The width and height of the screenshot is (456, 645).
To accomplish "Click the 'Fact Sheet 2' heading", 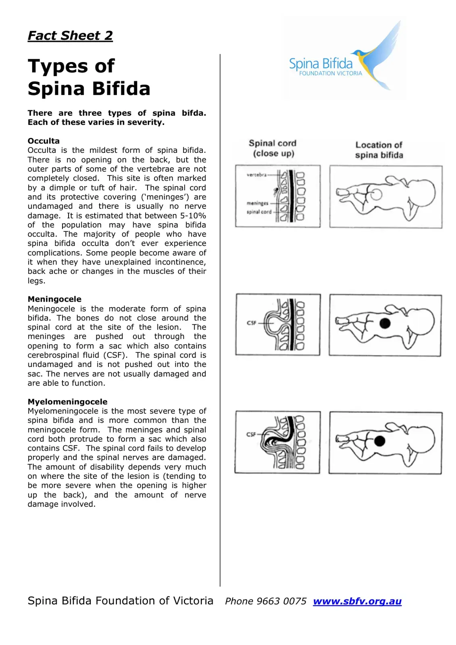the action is click(x=70, y=36).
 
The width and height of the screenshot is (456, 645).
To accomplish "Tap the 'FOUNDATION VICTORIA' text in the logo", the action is click(x=330, y=73).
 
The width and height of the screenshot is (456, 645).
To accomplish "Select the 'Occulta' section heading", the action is click(x=44, y=141).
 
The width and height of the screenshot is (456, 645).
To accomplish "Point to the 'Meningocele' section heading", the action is click(x=54, y=299).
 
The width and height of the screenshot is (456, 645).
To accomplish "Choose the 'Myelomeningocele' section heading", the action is click(x=67, y=402).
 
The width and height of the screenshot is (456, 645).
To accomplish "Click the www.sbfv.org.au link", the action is click(x=357, y=601).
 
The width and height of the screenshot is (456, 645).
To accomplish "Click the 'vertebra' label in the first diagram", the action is click(x=256, y=175).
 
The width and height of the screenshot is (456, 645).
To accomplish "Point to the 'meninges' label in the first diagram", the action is click(x=257, y=203).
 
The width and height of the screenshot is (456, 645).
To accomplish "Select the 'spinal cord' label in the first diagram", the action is click(x=259, y=212).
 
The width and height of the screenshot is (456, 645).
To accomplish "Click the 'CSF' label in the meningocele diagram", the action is click(x=252, y=323).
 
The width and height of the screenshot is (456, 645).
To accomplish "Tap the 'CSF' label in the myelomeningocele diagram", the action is click(x=251, y=434).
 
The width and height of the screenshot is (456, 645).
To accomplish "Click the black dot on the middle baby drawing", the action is click(x=385, y=323).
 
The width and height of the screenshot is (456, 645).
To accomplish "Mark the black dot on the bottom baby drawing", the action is click(x=380, y=441).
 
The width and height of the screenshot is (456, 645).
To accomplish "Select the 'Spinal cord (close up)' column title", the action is click(x=273, y=148).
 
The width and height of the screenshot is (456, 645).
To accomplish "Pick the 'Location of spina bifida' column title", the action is click(x=379, y=150).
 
